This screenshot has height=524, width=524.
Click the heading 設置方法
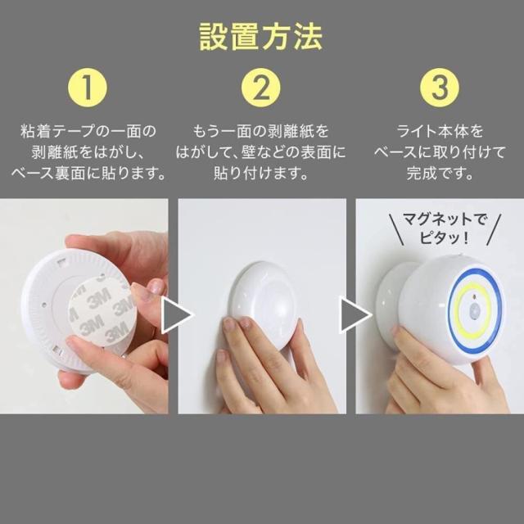[x=260, y=37]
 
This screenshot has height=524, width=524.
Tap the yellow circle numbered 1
[x=88, y=88]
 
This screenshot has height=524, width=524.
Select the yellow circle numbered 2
[x=261, y=88]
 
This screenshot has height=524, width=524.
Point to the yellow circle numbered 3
[x=440, y=88]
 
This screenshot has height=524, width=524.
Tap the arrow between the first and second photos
[x=177, y=315]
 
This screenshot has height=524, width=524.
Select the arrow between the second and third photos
[x=355, y=315]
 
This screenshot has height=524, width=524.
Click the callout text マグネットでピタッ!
[x=445, y=229]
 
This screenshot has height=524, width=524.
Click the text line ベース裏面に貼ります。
[x=89, y=174]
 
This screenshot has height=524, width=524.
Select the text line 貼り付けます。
[x=261, y=174]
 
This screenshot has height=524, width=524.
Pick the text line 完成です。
[x=440, y=174]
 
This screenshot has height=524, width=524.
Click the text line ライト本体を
[x=440, y=131]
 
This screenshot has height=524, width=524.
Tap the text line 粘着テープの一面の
[x=88, y=131]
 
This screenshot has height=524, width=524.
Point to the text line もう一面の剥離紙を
[x=261, y=131]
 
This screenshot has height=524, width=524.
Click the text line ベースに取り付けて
[x=440, y=152]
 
